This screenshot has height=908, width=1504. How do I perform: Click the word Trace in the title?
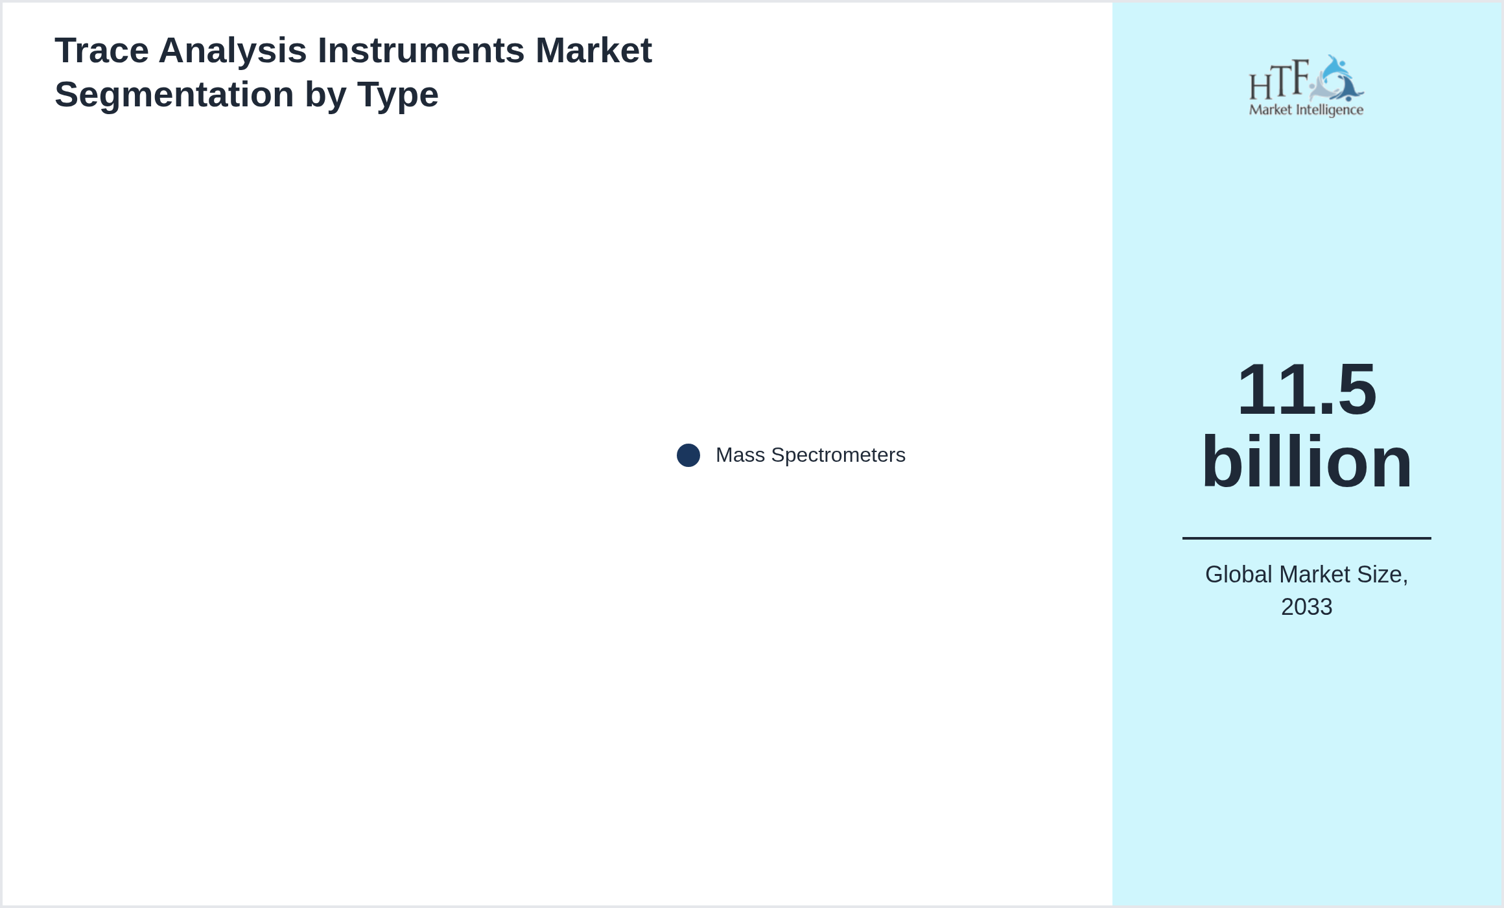coord(102,51)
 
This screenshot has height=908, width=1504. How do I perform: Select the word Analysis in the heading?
coord(233,51)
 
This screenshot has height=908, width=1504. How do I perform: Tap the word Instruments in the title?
coord(421,51)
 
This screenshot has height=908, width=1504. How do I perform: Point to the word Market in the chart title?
coord(594,51)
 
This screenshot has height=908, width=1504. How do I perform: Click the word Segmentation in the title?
coord(174,95)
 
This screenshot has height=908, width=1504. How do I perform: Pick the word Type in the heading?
coord(397,95)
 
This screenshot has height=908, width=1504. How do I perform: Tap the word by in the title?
coord(325,95)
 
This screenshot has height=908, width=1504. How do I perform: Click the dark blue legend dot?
coord(688,455)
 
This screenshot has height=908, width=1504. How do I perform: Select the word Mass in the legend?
coord(740,455)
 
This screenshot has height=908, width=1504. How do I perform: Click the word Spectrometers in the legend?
coord(838,455)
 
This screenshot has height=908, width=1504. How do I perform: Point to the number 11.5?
coord(1307,390)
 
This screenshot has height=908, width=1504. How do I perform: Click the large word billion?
coord(1307,462)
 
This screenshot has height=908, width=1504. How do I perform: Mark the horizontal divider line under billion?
coord(1307,538)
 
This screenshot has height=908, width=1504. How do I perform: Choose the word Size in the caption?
coord(1383,575)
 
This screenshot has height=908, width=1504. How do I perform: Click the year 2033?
coord(1307,607)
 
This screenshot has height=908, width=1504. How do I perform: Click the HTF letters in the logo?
coord(1279,80)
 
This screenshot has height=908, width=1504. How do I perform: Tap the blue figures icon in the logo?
coord(1337,78)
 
